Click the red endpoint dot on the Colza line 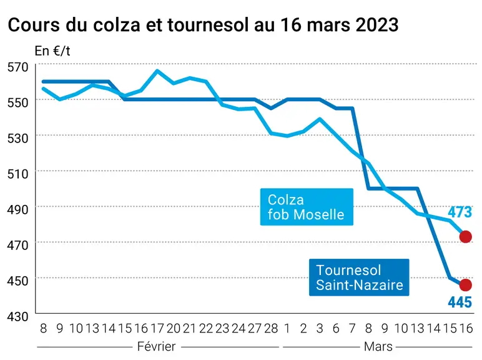465,237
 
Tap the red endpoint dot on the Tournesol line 465,285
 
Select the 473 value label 460,212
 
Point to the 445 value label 460,302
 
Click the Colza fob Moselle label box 307,207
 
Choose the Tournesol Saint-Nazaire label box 359,277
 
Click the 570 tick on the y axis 18,67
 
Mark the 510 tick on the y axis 18,174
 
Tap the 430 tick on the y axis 18,316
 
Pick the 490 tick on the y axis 18,209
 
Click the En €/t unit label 52,51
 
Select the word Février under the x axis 156,346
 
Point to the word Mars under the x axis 378,346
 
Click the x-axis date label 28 271,329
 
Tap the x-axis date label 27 255,329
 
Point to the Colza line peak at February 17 157,71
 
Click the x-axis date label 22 206,329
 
